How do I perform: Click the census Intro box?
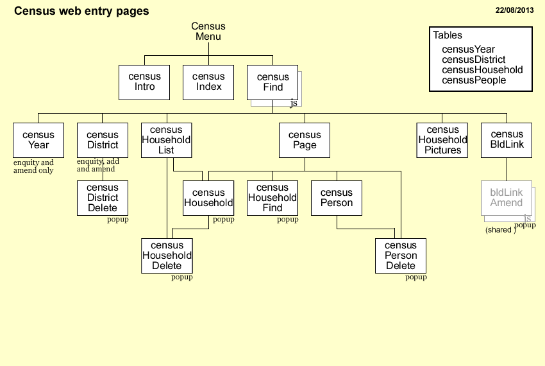tap(144, 82)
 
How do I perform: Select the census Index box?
tap(208, 82)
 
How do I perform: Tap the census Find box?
tap(272, 82)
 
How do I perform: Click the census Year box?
tap(38, 140)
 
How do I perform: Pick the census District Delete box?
tap(103, 198)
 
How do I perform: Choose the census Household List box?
tap(166, 140)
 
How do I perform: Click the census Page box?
tap(305, 140)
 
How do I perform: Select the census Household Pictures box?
tap(442, 140)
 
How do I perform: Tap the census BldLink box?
tap(507, 140)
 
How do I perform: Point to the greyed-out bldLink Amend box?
tap(507, 198)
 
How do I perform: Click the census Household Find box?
tap(272, 198)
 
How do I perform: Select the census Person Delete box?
tap(401, 256)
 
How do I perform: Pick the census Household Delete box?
tap(167, 256)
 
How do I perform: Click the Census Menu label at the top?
tap(208, 31)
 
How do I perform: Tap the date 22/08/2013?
tap(514, 10)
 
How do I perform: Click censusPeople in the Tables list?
tap(474, 80)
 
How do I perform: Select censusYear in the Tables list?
tap(468, 49)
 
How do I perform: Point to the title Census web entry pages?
tap(81, 11)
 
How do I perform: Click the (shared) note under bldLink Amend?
tap(500, 230)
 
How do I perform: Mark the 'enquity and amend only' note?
tap(33, 167)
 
